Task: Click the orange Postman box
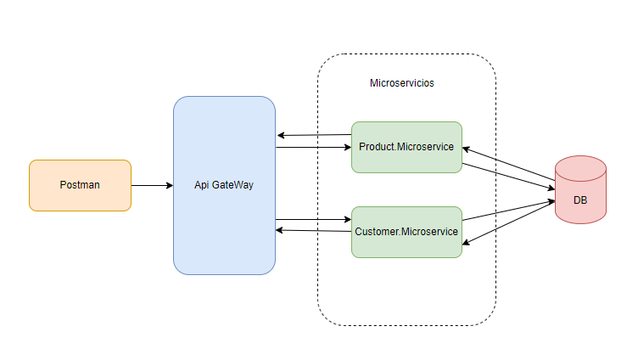(80, 185)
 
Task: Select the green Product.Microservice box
(406, 147)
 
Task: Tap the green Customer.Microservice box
(406, 232)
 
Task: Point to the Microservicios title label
(402, 83)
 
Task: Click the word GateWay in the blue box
(232, 185)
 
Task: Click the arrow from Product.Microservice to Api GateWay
(314, 135)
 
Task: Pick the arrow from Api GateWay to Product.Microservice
(314, 148)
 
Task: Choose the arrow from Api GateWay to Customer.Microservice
(314, 220)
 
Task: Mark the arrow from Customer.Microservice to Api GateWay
(314, 230)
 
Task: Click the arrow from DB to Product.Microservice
(509, 166)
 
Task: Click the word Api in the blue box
(202, 185)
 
